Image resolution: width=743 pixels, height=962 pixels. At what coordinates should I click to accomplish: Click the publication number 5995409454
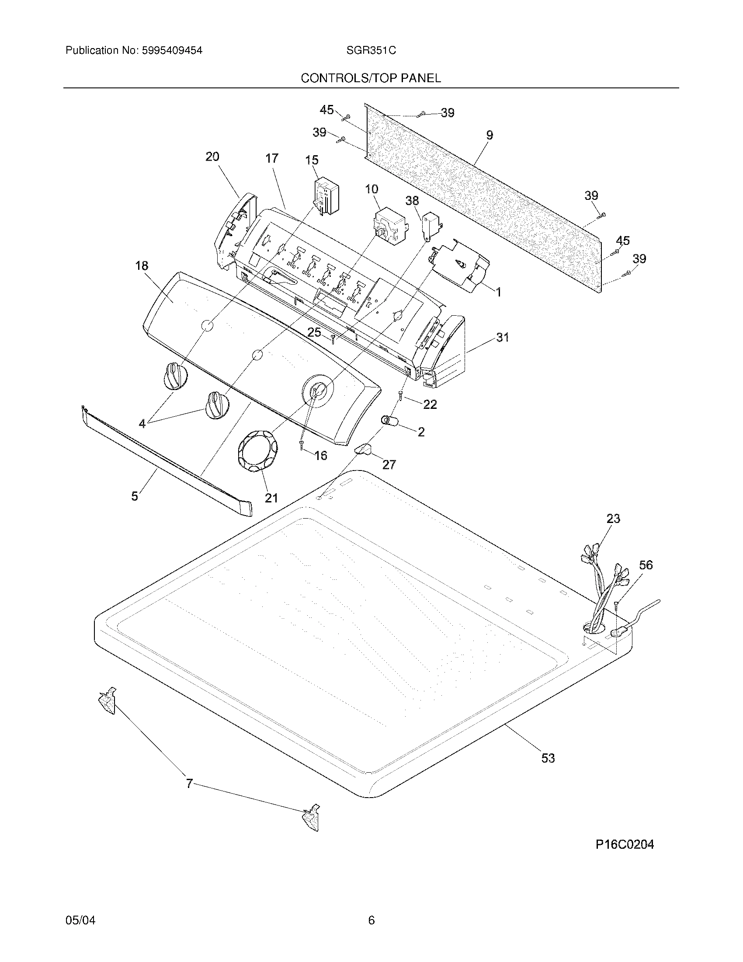pyautogui.click(x=172, y=51)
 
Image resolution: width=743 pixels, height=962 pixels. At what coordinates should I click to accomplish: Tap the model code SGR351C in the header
pyautogui.click(x=371, y=51)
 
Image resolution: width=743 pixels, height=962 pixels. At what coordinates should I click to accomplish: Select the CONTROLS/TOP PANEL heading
pyautogui.click(x=371, y=78)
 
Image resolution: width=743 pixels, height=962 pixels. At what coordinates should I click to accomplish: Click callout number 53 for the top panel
pyautogui.click(x=548, y=758)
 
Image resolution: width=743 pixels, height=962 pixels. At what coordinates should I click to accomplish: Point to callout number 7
pyautogui.click(x=189, y=784)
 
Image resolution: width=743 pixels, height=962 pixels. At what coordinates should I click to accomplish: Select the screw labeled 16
pyautogui.click(x=302, y=445)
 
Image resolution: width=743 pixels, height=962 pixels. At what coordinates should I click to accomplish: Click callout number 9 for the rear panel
pyautogui.click(x=490, y=135)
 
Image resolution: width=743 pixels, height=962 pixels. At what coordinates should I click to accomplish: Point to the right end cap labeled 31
pyautogui.click(x=444, y=352)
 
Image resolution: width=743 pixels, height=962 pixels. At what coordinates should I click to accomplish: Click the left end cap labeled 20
pyautogui.click(x=233, y=229)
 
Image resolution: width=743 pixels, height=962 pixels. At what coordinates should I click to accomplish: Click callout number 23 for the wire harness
pyautogui.click(x=613, y=519)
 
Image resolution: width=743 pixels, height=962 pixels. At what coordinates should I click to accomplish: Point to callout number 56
pyautogui.click(x=646, y=565)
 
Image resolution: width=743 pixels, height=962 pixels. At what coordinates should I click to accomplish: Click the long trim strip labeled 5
pyautogui.click(x=167, y=458)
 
